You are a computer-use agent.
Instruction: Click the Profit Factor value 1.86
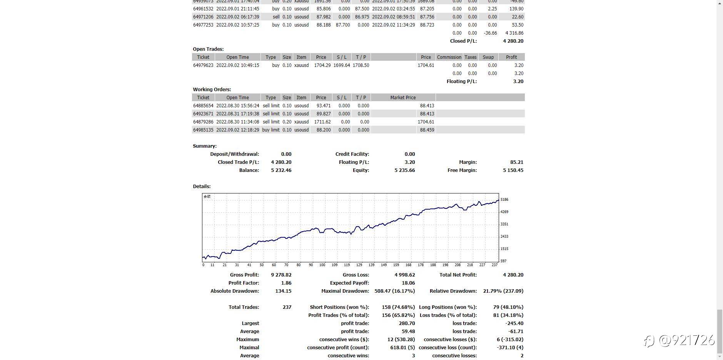(x=286, y=283)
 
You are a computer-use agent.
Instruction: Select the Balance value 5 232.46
(x=281, y=170)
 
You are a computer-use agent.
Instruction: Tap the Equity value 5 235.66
(x=404, y=170)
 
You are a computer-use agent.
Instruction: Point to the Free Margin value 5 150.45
(x=513, y=170)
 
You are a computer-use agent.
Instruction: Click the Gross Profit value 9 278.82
(x=281, y=275)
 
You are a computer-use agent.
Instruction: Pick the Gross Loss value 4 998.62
(x=404, y=275)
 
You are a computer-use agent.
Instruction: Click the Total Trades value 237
(x=287, y=307)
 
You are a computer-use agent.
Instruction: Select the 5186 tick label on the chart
(x=504, y=200)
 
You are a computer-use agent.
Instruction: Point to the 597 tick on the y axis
(x=503, y=261)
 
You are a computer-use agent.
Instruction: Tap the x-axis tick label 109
(x=335, y=265)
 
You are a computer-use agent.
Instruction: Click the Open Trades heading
(x=208, y=49)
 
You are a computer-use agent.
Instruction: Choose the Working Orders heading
(x=212, y=90)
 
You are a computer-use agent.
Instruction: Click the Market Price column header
(x=403, y=98)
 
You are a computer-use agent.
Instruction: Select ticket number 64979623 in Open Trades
(x=203, y=65)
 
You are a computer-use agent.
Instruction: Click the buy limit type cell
(x=271, y=130)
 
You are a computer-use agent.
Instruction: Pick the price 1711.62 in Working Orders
(x=322, y=122)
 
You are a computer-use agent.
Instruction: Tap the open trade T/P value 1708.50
(x=361, y=65)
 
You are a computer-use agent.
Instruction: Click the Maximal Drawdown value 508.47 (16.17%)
(x=394, y=291)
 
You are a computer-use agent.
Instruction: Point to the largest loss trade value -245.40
(x=514, y=323)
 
